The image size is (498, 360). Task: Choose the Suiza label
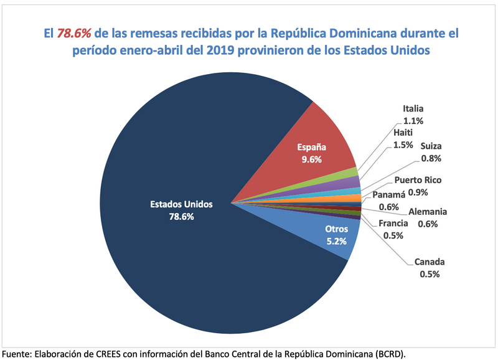[x=431, y=146]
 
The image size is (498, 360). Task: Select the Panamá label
[x=389, y=196]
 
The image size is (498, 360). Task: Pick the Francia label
[x=393, y=224]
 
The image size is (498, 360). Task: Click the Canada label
[x=429, y=262]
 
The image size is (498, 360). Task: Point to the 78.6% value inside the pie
[x=182, y=217]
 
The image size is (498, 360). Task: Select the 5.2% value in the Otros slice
[x=337, y=241]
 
